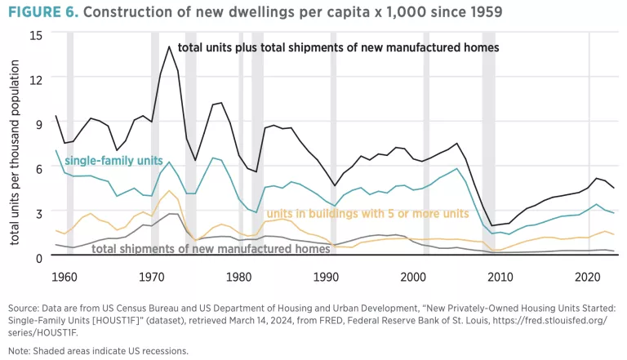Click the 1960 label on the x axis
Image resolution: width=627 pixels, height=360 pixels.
(64, 276)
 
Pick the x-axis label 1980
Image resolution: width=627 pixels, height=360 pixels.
(239, 276)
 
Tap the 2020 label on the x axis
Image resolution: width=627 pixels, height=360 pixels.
(588, 276)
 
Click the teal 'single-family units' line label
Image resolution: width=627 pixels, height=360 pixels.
(113, 161)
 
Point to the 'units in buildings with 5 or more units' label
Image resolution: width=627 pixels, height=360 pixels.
(367, 214)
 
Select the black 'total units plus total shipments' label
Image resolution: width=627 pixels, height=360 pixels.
(338, 48)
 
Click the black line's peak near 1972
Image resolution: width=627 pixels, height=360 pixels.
(169, 47)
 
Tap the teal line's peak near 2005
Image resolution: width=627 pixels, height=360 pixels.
(456, 169)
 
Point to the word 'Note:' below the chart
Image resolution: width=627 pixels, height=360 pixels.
(23, 350)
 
